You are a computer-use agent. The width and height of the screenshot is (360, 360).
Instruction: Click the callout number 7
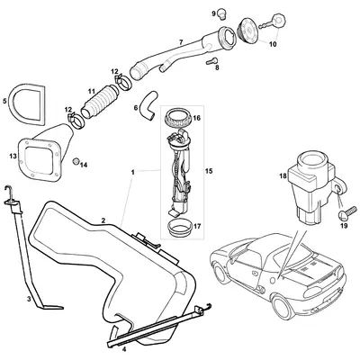pos(181,42)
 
